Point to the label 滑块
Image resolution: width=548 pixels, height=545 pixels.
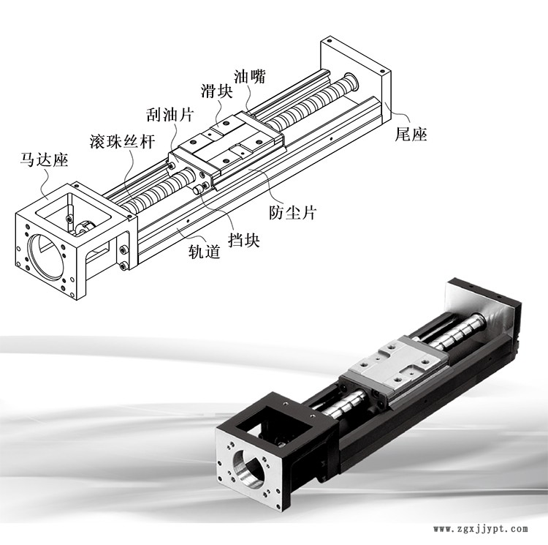(x=216, y=91)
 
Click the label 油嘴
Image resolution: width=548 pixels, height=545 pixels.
(x=249, y=75)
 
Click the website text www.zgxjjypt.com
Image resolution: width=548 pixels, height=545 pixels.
(x=482, y=529)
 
